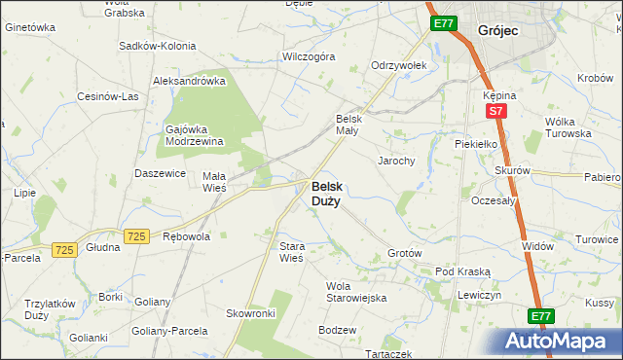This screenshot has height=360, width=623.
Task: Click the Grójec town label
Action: (498, 31)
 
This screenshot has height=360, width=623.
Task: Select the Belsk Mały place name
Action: (348, 124)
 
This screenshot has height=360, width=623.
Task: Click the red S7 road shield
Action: (495, 112)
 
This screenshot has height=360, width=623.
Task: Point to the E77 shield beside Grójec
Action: (442, 23)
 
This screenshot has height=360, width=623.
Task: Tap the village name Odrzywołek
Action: (399, 65)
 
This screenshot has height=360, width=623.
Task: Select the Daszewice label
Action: (161, 173)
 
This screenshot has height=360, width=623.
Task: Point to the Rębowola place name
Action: (186, 236)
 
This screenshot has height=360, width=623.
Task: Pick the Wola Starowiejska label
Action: (356, 292)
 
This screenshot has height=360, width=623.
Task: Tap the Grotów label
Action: (404, 253)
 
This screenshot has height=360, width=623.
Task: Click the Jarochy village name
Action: (396, 161)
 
